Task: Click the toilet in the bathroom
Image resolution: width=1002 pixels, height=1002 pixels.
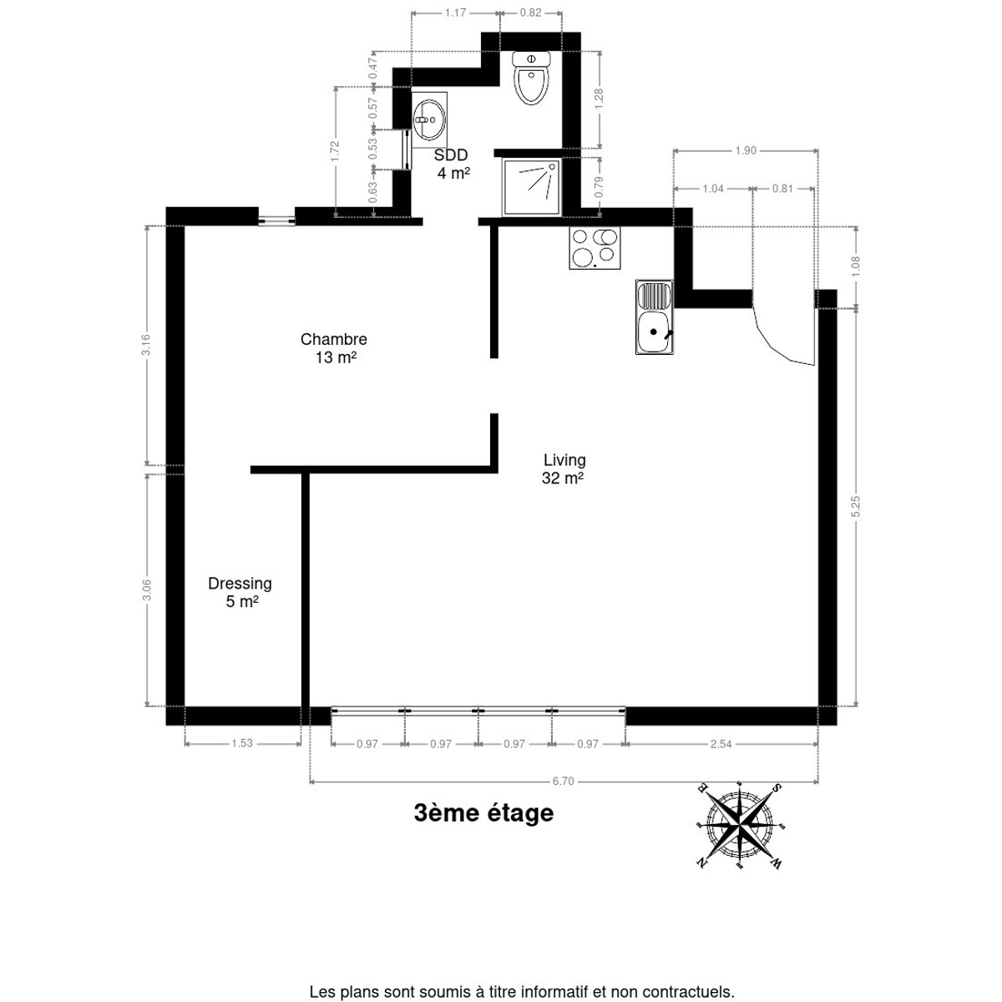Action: click(531, 78)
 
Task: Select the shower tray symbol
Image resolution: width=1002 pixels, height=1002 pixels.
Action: click(531, 187)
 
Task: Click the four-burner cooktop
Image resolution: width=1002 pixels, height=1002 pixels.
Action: click(595, 248)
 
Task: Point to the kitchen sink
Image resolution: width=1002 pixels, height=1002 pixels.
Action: click(654, 316)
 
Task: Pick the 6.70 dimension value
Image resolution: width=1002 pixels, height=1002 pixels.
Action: click(563, 781)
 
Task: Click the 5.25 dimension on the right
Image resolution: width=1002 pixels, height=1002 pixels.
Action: click(857, 507)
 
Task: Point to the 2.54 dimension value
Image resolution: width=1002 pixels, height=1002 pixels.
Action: click(721, 744)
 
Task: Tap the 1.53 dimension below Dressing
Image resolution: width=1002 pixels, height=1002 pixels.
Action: click(242, 744)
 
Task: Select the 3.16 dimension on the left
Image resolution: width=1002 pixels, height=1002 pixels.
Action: click(146, 345)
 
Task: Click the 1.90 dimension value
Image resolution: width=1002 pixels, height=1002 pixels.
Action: click(746, 151)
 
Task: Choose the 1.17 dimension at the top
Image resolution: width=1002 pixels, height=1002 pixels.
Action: click(456, 13)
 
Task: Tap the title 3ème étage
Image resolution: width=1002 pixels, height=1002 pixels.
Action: click(483, 813)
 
